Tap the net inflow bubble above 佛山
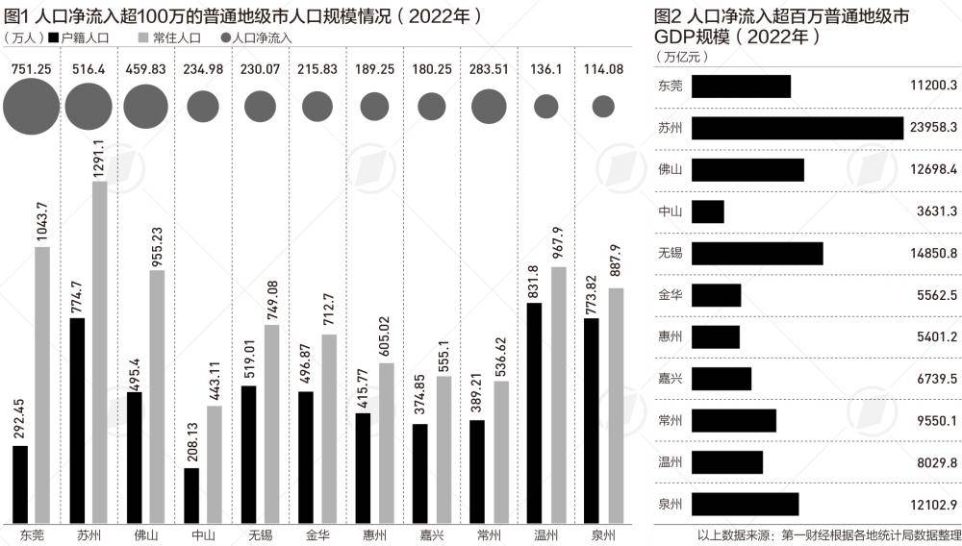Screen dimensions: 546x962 tap(145, 106)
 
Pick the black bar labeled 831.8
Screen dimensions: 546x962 tap(534, 413)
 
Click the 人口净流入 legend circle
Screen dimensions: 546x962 tap(226, 37)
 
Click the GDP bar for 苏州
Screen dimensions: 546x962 tap(797, 128)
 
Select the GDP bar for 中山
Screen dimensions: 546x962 tap(708, 211)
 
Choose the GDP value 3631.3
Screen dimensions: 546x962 tap(936, 211)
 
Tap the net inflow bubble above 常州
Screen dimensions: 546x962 tap(489, 106)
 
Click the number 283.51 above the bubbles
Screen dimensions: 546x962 tap(489, 69)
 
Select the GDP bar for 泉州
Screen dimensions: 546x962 tap(746, 504)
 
